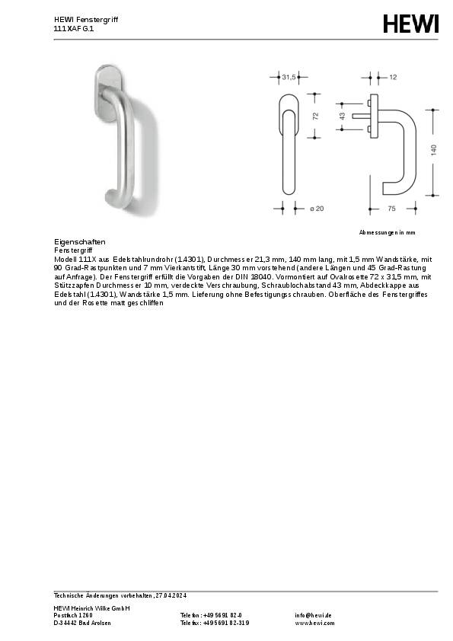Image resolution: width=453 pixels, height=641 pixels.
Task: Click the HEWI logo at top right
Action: click(410, 24)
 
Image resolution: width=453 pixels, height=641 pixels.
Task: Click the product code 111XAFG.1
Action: click(73, 28)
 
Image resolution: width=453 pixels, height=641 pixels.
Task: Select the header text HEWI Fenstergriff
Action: click(85, 19)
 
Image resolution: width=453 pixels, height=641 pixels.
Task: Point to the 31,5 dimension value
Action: click(289, 78)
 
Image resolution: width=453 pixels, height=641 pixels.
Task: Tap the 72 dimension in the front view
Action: click(315, 115)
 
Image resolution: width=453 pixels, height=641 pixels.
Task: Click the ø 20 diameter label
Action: click(317, 208)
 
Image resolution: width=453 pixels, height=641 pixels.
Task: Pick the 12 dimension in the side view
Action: click(393, 78)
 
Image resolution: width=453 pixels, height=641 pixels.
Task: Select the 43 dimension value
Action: click(343, 116)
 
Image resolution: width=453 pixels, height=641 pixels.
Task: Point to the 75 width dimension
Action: click(391, 208)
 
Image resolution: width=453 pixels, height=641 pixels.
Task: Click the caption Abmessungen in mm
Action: click(388, 231)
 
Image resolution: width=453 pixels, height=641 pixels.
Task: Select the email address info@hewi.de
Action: click(313, 615)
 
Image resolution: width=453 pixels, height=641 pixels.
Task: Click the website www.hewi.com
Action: click(314, 623)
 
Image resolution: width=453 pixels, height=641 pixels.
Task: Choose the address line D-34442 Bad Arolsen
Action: click(82, 623)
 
